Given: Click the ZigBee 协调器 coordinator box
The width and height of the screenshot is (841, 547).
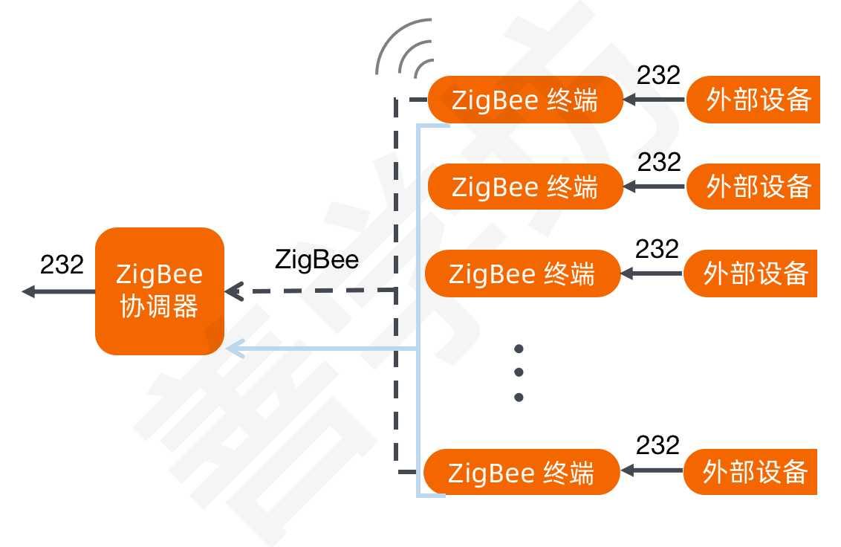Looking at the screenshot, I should (x=160, y=291).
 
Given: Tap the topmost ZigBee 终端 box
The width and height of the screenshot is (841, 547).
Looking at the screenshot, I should (x=525, y=100).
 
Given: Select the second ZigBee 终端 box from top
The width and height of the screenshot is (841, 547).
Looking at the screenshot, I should (x=525, y=187).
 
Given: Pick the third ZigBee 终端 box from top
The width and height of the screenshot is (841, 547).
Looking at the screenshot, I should (x=522, y=273).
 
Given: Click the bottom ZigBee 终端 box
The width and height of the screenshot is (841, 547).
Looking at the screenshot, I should (x=521, y=472).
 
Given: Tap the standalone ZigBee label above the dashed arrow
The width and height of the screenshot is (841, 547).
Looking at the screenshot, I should (x=316, y=260).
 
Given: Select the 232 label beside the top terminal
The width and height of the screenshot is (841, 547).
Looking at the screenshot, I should (x=658, y=75).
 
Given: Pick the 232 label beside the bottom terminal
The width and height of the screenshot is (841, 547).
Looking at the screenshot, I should (x=657, y=445).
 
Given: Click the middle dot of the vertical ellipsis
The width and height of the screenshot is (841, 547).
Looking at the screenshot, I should (x=519, y=372).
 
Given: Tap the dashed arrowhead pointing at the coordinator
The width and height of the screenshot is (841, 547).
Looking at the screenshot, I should (x=233, y=291).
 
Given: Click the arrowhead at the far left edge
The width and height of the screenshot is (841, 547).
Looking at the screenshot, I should (x=28, y=291).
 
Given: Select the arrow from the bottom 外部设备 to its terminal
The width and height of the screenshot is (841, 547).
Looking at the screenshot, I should (x=652, y=470).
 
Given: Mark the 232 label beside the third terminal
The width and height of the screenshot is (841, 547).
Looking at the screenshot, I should (x=657, y=249).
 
